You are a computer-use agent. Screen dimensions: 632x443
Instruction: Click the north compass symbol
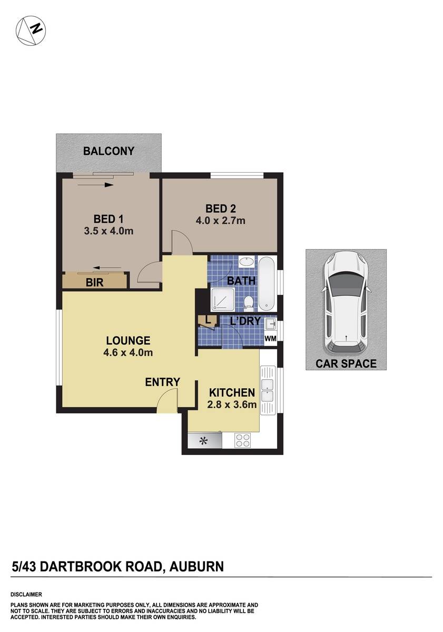[29, 30]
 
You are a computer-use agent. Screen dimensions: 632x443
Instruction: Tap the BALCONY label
[109, 151]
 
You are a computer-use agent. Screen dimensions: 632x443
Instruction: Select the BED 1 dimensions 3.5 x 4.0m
[108, 231]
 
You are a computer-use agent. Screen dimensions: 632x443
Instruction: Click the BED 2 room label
[221, 209]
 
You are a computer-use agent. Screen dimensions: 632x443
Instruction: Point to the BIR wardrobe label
[95, 283]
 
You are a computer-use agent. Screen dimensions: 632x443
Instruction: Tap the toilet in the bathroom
[248, 302]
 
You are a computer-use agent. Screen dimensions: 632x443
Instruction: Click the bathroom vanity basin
[245, 262]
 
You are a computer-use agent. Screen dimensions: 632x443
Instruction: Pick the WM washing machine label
[270, 339]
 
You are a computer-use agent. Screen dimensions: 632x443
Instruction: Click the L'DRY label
[245, 321]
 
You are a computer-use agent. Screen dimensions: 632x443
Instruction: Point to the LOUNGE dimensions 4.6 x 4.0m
[129, 352]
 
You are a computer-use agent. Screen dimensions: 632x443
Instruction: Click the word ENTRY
[163, 382]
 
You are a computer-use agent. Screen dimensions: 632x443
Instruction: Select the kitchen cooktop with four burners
[242, 439]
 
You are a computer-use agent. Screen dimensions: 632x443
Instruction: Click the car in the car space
[346, 302]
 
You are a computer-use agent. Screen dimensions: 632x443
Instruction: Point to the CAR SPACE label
[346, 363]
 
